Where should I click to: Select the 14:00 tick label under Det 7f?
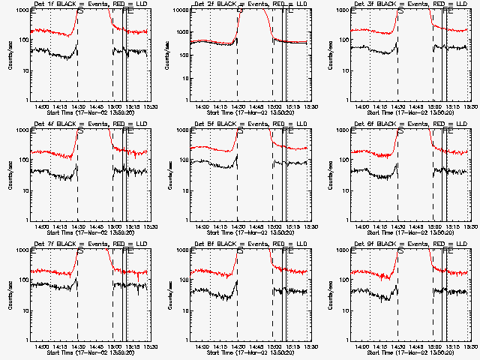click(41, 346)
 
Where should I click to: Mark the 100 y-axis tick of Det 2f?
click(184, 40)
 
